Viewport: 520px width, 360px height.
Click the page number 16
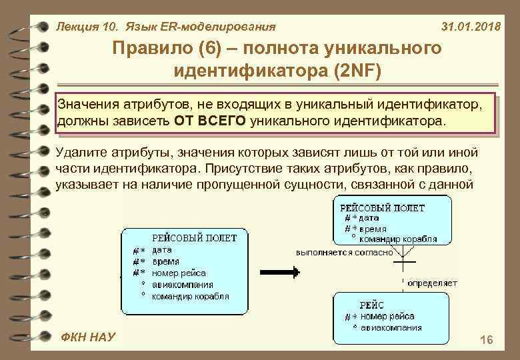click(486, 341)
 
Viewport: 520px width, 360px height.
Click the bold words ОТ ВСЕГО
click(211, 121)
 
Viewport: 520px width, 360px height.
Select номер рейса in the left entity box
click(179, 273)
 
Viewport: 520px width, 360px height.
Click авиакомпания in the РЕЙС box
click(391, 327)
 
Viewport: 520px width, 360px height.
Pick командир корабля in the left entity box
click(190, 295)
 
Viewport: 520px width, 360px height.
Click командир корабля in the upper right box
click(398, 239)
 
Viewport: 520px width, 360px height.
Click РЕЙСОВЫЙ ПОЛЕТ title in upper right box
click(382, 207)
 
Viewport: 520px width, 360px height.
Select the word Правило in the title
click(148, 48)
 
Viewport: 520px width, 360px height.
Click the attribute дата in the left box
click(162, 250)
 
